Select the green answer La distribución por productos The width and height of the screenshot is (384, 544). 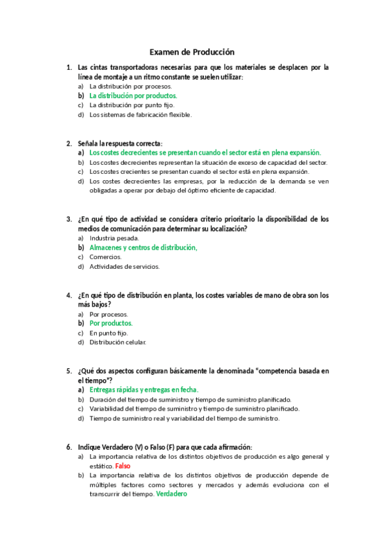133,96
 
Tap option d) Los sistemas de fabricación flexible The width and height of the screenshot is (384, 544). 140,115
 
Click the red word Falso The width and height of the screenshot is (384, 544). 123,466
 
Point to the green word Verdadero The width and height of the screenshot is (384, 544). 171,495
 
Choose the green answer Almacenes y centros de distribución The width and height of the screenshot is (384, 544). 143,248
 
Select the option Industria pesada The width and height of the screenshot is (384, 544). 114,238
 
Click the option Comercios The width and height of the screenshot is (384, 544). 105,257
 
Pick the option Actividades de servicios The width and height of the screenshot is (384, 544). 124,267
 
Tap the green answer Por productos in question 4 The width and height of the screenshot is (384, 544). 111,323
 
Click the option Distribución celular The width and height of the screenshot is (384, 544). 118,343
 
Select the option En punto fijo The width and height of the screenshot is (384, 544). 108,333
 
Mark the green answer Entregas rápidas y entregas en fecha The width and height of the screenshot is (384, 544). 144,390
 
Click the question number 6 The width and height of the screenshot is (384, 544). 69,446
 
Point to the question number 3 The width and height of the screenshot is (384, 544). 69,219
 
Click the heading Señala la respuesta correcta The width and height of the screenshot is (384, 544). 120,144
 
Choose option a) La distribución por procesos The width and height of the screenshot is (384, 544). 130,86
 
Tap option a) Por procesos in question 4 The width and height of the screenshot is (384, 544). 108,314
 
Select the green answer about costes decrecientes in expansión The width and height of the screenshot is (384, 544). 205,153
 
